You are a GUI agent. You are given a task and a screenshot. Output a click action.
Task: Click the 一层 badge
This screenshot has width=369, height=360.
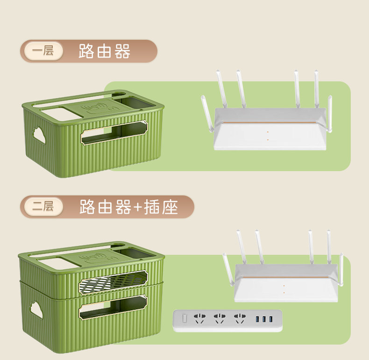coord(43,51)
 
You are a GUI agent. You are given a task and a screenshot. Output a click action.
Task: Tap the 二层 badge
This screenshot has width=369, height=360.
coord(43,206)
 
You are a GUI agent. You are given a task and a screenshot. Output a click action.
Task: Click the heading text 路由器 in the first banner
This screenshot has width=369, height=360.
coord(104,51)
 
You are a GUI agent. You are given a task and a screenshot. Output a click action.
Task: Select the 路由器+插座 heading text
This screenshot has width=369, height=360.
coord(128,207)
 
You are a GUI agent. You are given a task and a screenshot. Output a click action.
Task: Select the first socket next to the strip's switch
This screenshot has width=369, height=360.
coord(200,319)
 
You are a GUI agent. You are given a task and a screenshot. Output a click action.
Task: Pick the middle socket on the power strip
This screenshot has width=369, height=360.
coord(220,319)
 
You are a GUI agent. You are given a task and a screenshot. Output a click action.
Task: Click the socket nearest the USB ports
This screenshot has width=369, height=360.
coord(240,319)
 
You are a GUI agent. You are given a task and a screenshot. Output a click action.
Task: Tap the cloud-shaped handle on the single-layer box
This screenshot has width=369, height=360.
coord(39,135)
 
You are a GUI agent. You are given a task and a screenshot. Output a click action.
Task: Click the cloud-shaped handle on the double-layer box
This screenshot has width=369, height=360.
coord(35,309)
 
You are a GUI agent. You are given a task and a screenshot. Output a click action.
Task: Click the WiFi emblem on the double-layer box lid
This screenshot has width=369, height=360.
coord(92,258)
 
